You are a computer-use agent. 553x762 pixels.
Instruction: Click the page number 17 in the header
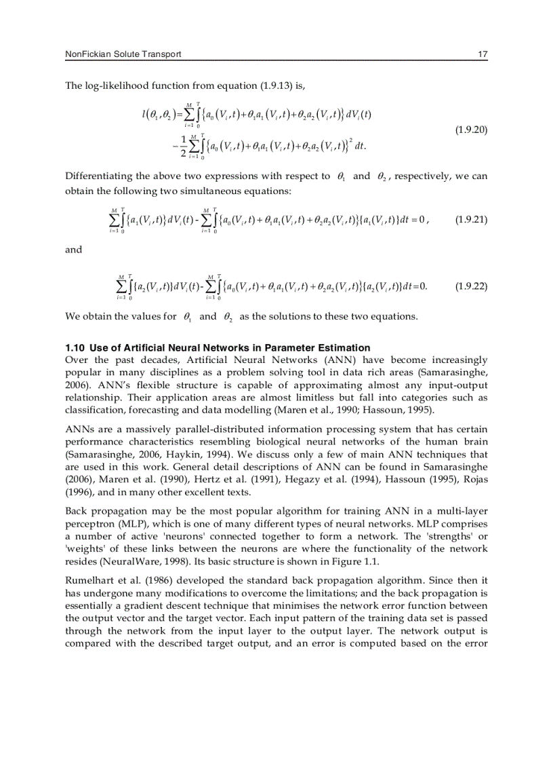(483, 54)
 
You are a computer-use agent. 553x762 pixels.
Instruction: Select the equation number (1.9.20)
(469, 129)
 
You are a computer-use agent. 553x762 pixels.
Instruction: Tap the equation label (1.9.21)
(469, 220)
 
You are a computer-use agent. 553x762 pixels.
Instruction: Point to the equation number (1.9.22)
(469, 286)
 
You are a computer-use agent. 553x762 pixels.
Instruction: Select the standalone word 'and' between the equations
(73, 250)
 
